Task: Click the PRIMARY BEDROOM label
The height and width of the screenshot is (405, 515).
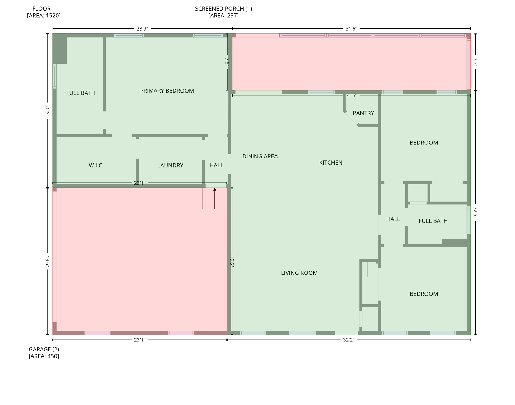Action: point(167,91)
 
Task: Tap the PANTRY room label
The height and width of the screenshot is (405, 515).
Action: point(363,113)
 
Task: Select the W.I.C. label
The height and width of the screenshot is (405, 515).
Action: point(96,166)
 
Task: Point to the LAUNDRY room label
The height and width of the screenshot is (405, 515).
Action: point(170,166)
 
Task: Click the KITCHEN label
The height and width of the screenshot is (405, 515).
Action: point(330,163)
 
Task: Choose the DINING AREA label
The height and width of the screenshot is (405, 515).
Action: point(260,156)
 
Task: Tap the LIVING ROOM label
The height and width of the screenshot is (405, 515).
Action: point(299,273)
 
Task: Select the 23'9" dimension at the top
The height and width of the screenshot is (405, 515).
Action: point(142,29)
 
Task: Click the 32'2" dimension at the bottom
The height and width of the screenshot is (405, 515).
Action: point(348,340)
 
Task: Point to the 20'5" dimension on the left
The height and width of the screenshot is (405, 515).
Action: point(48,110)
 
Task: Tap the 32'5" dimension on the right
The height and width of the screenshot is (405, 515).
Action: point(475,213)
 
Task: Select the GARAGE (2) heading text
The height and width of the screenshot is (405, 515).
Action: point(44,349)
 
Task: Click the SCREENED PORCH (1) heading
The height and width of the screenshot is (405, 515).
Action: point(223,9)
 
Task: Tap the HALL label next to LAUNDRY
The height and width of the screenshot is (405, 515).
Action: point(216,165)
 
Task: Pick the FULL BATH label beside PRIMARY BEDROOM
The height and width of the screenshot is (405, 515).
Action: point(81,93)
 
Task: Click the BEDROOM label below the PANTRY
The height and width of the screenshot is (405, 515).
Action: point(423,143)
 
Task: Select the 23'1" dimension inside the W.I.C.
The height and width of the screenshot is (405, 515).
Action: point(139,183)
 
